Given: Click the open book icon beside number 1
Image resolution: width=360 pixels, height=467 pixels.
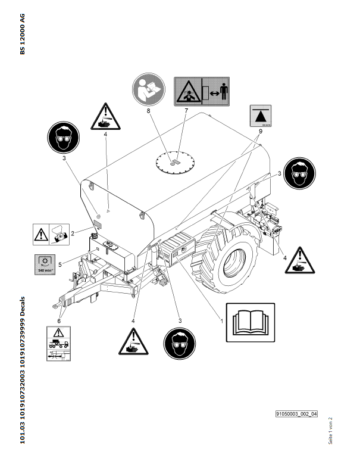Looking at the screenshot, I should coord(251,322).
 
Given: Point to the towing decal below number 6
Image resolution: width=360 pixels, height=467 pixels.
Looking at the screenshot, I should coord(58,343).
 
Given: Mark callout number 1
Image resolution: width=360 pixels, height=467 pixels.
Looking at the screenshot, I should coord(221,320).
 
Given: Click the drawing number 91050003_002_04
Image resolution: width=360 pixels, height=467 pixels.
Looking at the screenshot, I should coord(296,412).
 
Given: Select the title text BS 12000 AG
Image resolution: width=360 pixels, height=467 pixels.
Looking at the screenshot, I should coord(23,34).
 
